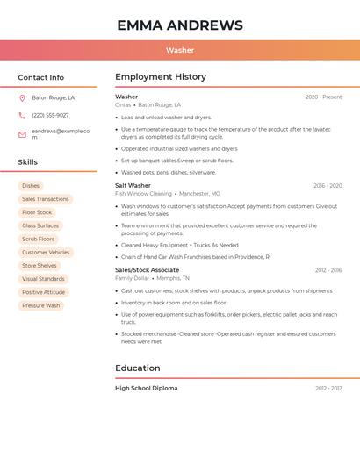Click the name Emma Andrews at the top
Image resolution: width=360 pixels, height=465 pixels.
pyautogui.click(x=180, y=25)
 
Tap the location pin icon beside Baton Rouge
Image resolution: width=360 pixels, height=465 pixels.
pyautogui.click(x=22, y=98)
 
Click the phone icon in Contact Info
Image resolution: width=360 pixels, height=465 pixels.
pyautogui.click(x=22, y=115)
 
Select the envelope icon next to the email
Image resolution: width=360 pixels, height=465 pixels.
pyautogui.click(x=22, y=134)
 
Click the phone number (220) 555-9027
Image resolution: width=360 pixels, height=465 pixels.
pyautogui.click(x=50, y=115)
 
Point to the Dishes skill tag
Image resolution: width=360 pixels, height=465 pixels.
pyautogui.click(x=31, y=186)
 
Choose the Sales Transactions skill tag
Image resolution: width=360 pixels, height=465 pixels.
pyautogui.click(x=45, y=199)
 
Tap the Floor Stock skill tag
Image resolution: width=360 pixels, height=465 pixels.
pyautogui.click(x=37, y=212)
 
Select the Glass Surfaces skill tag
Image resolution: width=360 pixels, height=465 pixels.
pyautogui.click(x=40, y=225)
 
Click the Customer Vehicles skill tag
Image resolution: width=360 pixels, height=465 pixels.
pyautogui.click(x=46, y=253)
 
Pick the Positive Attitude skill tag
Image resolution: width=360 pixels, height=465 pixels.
pyautogui.click(x=43, y=292)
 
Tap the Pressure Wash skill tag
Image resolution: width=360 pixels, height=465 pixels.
pyautogui.click(x=41, y=305)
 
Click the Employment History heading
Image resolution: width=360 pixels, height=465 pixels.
pyautogui.click(x=161, y=77)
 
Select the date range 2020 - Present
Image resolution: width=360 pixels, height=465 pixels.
pyautogui.click(x=323, y=97)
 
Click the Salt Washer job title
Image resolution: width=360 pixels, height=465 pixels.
pyautogui.click(x=133, y=186)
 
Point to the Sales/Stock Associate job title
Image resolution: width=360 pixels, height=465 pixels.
pyautogui.click(x=147, y=270)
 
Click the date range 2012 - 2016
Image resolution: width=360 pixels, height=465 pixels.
pyautogui.click(x=328, y=270)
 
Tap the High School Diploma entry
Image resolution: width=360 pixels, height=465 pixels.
pyautogui.click(x=146, y=388)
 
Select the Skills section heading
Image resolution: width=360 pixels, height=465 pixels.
pyautogui.click(x=28, y=162)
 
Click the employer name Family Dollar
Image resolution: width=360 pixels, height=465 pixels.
pyautogui.click(x=132, y=278)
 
